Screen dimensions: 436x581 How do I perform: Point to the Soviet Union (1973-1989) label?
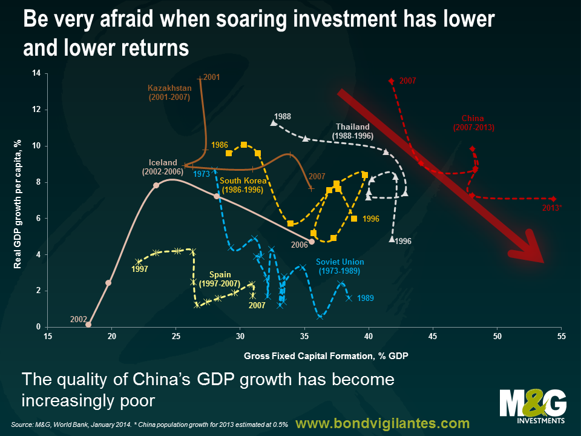pyautogui.click(x=340, y=266)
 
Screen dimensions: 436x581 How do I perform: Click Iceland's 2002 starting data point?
pyautogui.click(x=88, y=325)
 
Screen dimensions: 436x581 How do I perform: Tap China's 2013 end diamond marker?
pyautogui.click(x=553, y=199)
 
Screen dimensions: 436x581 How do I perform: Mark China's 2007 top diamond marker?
pyautogui.click(x=391, y=81)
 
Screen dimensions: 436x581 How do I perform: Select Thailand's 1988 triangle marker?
pyautogui.click(x=274, y=123)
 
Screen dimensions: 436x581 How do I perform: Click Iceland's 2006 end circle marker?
pyautogui.click(x=312, y=242)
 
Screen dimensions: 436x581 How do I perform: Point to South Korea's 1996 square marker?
pyautogui.click(x=354, y=219)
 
